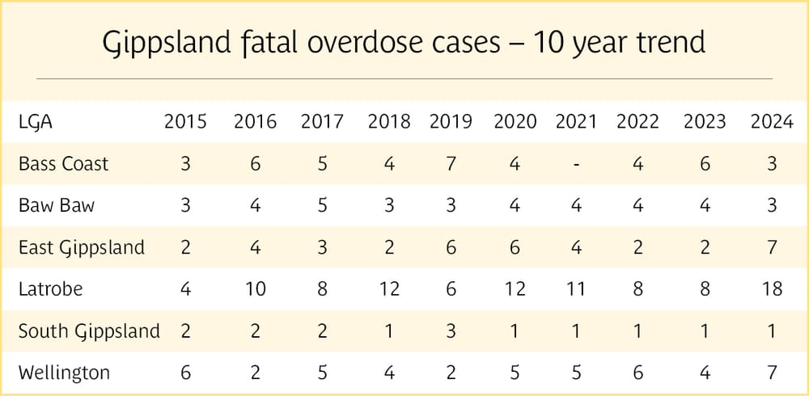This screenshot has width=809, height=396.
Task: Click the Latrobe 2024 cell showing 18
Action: point(771,289)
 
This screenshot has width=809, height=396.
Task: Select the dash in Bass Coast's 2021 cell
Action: point(576,164)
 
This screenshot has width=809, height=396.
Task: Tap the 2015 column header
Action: point(185,122)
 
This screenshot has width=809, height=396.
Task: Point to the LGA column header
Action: point(36,122)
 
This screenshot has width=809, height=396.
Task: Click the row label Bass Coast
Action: point(63,164)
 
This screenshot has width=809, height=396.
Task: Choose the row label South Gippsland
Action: point(89,331)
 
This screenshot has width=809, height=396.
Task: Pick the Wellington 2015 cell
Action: point(185,373)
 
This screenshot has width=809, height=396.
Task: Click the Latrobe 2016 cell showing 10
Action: point(255,289)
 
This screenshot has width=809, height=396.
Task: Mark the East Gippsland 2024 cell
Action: point(771,246)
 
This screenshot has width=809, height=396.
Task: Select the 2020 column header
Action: point(515,122)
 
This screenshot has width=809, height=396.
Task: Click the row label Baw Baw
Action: point(57,205)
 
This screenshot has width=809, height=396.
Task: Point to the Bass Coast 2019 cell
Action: point(451,164)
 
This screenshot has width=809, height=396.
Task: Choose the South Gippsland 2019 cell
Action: point(451,331)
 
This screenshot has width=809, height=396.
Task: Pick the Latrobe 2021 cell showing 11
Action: point(576,289)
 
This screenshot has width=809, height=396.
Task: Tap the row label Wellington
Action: point(64,373)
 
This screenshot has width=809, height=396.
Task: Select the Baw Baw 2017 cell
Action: point(322,205)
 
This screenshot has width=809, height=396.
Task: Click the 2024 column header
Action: point(771,122)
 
